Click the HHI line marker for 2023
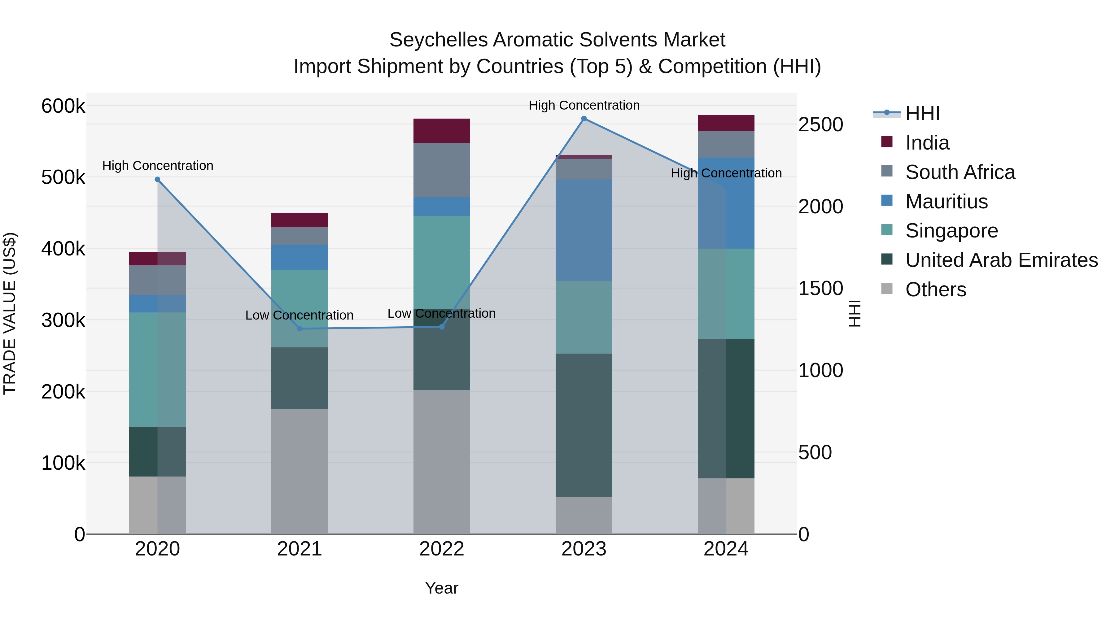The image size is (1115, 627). [584, 119]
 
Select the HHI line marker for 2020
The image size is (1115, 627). [158, 180]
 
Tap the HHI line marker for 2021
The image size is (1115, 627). [300, 329]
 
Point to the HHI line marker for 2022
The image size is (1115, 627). [441, 327]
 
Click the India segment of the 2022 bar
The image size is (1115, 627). [441, 131]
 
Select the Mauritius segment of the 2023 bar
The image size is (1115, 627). [584, 230]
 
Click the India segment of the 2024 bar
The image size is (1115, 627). [726, 123]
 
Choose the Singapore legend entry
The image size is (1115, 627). [951, 231]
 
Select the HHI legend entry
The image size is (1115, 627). [922, 113]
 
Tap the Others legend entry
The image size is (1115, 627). [935, 290]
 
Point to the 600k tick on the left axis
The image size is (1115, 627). [63, 106]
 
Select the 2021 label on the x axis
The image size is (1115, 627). [300, 549]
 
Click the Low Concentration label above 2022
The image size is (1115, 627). [441, 313]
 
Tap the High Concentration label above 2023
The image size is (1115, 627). [584, 105]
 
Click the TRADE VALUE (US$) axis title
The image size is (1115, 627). [10, 313]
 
